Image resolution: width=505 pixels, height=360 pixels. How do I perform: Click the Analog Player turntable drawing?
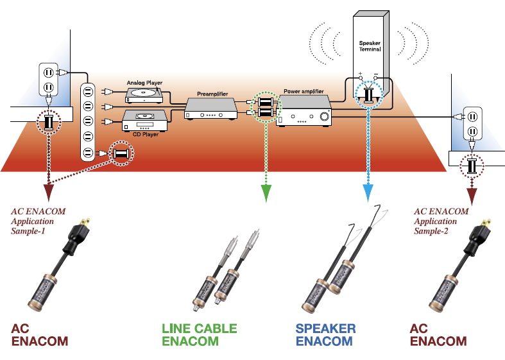(144, 95)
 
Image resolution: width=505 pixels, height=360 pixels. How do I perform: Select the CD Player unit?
(144, 121)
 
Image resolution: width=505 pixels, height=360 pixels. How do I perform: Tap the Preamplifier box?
(211, 109)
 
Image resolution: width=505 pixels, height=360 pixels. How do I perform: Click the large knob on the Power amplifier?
(324, 116)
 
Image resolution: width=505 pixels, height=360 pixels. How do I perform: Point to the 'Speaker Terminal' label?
(370, 46)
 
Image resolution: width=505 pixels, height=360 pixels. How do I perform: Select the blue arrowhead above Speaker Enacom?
(368, 193)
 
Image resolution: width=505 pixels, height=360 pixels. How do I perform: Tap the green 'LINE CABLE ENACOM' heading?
(200, 335)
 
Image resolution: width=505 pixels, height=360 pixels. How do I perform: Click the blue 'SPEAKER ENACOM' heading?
(325, 335)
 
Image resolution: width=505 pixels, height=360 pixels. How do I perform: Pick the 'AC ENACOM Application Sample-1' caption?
(38, 221)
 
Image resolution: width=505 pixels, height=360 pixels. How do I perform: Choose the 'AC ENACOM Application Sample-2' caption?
(441, 221)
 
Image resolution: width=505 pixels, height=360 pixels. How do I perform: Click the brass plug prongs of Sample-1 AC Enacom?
(85, 222)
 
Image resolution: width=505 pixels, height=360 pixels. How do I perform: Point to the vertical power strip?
(88, 122)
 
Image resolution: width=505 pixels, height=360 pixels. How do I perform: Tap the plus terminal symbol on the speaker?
(360, 74)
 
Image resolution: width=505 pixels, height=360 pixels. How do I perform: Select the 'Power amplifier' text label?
(304, 92)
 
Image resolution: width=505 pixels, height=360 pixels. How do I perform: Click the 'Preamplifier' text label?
(212, 94)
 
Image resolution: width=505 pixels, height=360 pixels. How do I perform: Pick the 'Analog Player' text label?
(144, 83)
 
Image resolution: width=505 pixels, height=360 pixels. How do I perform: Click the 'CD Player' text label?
(146, 134)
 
